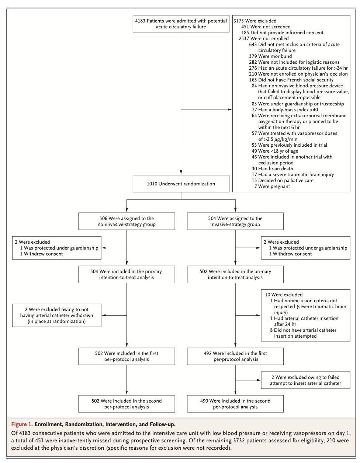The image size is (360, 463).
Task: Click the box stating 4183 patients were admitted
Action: [181, 24]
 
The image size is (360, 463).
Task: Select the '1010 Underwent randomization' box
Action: [181, 184]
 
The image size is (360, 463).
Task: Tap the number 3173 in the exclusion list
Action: [239, 21]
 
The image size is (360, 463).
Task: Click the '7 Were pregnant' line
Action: [272, 187]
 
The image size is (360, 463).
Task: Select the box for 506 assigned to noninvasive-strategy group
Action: [127, 221]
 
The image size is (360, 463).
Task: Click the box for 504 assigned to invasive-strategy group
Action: [235, 221]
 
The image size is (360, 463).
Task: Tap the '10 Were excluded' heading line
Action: [283, 295]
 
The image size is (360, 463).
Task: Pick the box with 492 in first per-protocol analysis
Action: [235, 356]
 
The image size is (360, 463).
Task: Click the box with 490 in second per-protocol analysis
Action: [235, 404]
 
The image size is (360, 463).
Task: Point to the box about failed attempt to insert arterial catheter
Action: [305, 380]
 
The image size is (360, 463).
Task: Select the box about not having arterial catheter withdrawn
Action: [56, 315]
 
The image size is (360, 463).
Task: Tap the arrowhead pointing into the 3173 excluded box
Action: [230, 109]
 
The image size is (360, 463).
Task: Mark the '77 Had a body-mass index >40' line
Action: [285, 109]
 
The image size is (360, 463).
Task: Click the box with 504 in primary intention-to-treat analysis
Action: [127, 274]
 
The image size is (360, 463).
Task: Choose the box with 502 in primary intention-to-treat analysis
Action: [235, 274]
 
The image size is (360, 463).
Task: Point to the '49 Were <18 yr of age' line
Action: [275, 151]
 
